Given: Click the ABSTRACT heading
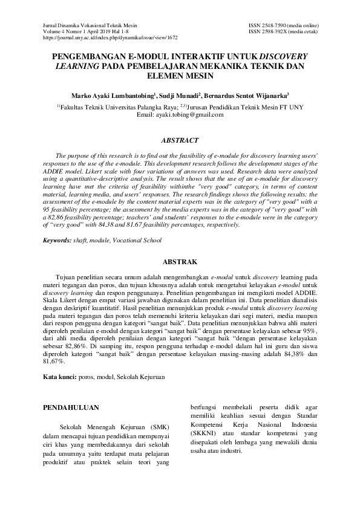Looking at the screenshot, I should [180, 141].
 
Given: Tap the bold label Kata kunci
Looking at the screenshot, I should [59, 377].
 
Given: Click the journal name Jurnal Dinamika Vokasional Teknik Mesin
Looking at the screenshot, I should [90, 25].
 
